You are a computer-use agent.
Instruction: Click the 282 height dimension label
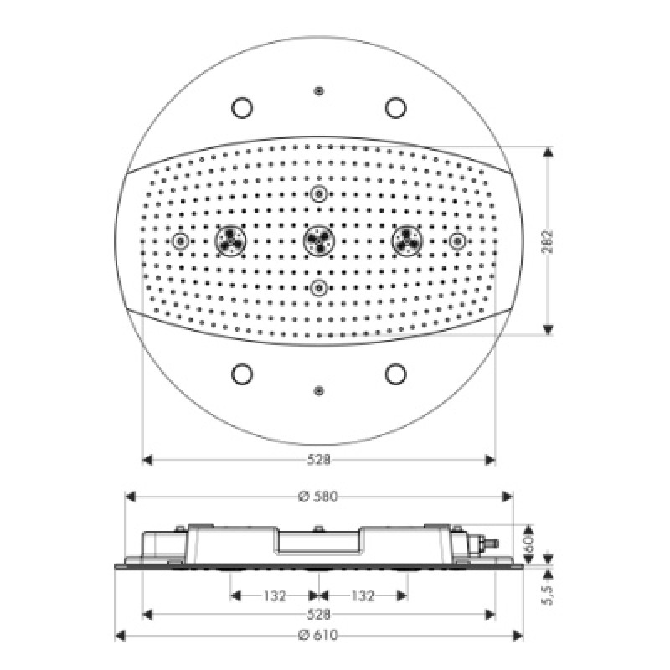pos(548,241)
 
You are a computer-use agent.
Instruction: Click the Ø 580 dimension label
pos(318,497)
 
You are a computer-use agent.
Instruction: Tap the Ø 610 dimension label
pos(318,636)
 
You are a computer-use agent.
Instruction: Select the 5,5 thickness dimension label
pos(548,595)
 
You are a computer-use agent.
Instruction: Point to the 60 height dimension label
pos(529,544)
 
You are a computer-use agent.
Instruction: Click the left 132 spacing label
pos(275,595)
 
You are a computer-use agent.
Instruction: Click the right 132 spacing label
pos(363,595)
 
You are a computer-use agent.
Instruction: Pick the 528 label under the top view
pos(319,460)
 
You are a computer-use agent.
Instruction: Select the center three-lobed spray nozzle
pos(319,240)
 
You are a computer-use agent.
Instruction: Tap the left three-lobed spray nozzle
pos(230,240)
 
